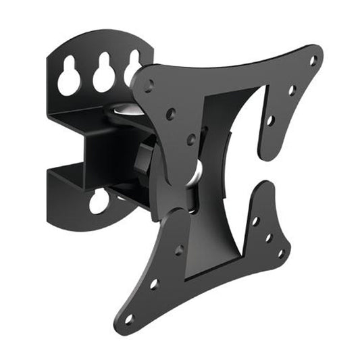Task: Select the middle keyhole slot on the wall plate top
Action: (104, 76)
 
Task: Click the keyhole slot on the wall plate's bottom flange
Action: (99, 201)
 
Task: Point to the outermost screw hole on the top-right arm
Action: (312, 61)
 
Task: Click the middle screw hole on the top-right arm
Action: (291, 90)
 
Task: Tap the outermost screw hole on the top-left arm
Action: (148, 84)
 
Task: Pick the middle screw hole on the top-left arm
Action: (171, 113)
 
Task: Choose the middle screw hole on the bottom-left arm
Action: (155, 284)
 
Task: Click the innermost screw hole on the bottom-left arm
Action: (179, 251)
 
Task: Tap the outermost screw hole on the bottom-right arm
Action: (280, 253)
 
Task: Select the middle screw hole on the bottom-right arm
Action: (268, 237)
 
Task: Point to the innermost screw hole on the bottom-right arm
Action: (255, 221)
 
